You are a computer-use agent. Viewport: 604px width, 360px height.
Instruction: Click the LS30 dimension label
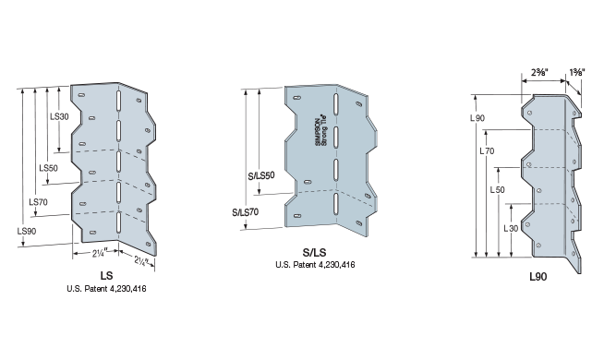click(57, 117)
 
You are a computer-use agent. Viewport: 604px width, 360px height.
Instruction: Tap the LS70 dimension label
click(39, 201)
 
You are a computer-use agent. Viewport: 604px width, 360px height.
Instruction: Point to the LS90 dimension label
click(29, 231)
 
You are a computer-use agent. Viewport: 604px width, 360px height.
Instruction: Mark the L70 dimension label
click(488, 148)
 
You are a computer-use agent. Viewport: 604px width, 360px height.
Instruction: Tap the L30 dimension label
click(508, 227)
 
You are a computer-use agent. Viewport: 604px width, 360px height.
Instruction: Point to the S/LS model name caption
click(316, 253)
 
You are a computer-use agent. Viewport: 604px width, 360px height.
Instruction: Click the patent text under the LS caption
click(107, 289)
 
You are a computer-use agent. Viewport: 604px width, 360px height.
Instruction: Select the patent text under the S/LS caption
click(316, 265)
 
